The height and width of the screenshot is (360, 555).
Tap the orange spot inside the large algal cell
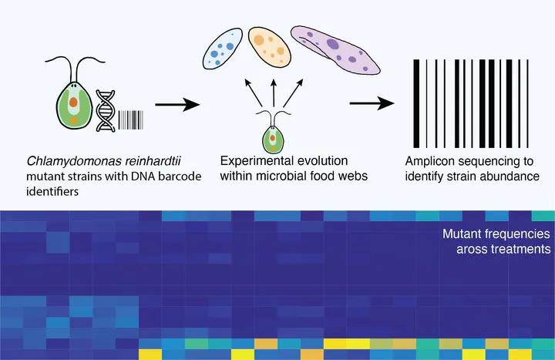[x=72, y=100]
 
